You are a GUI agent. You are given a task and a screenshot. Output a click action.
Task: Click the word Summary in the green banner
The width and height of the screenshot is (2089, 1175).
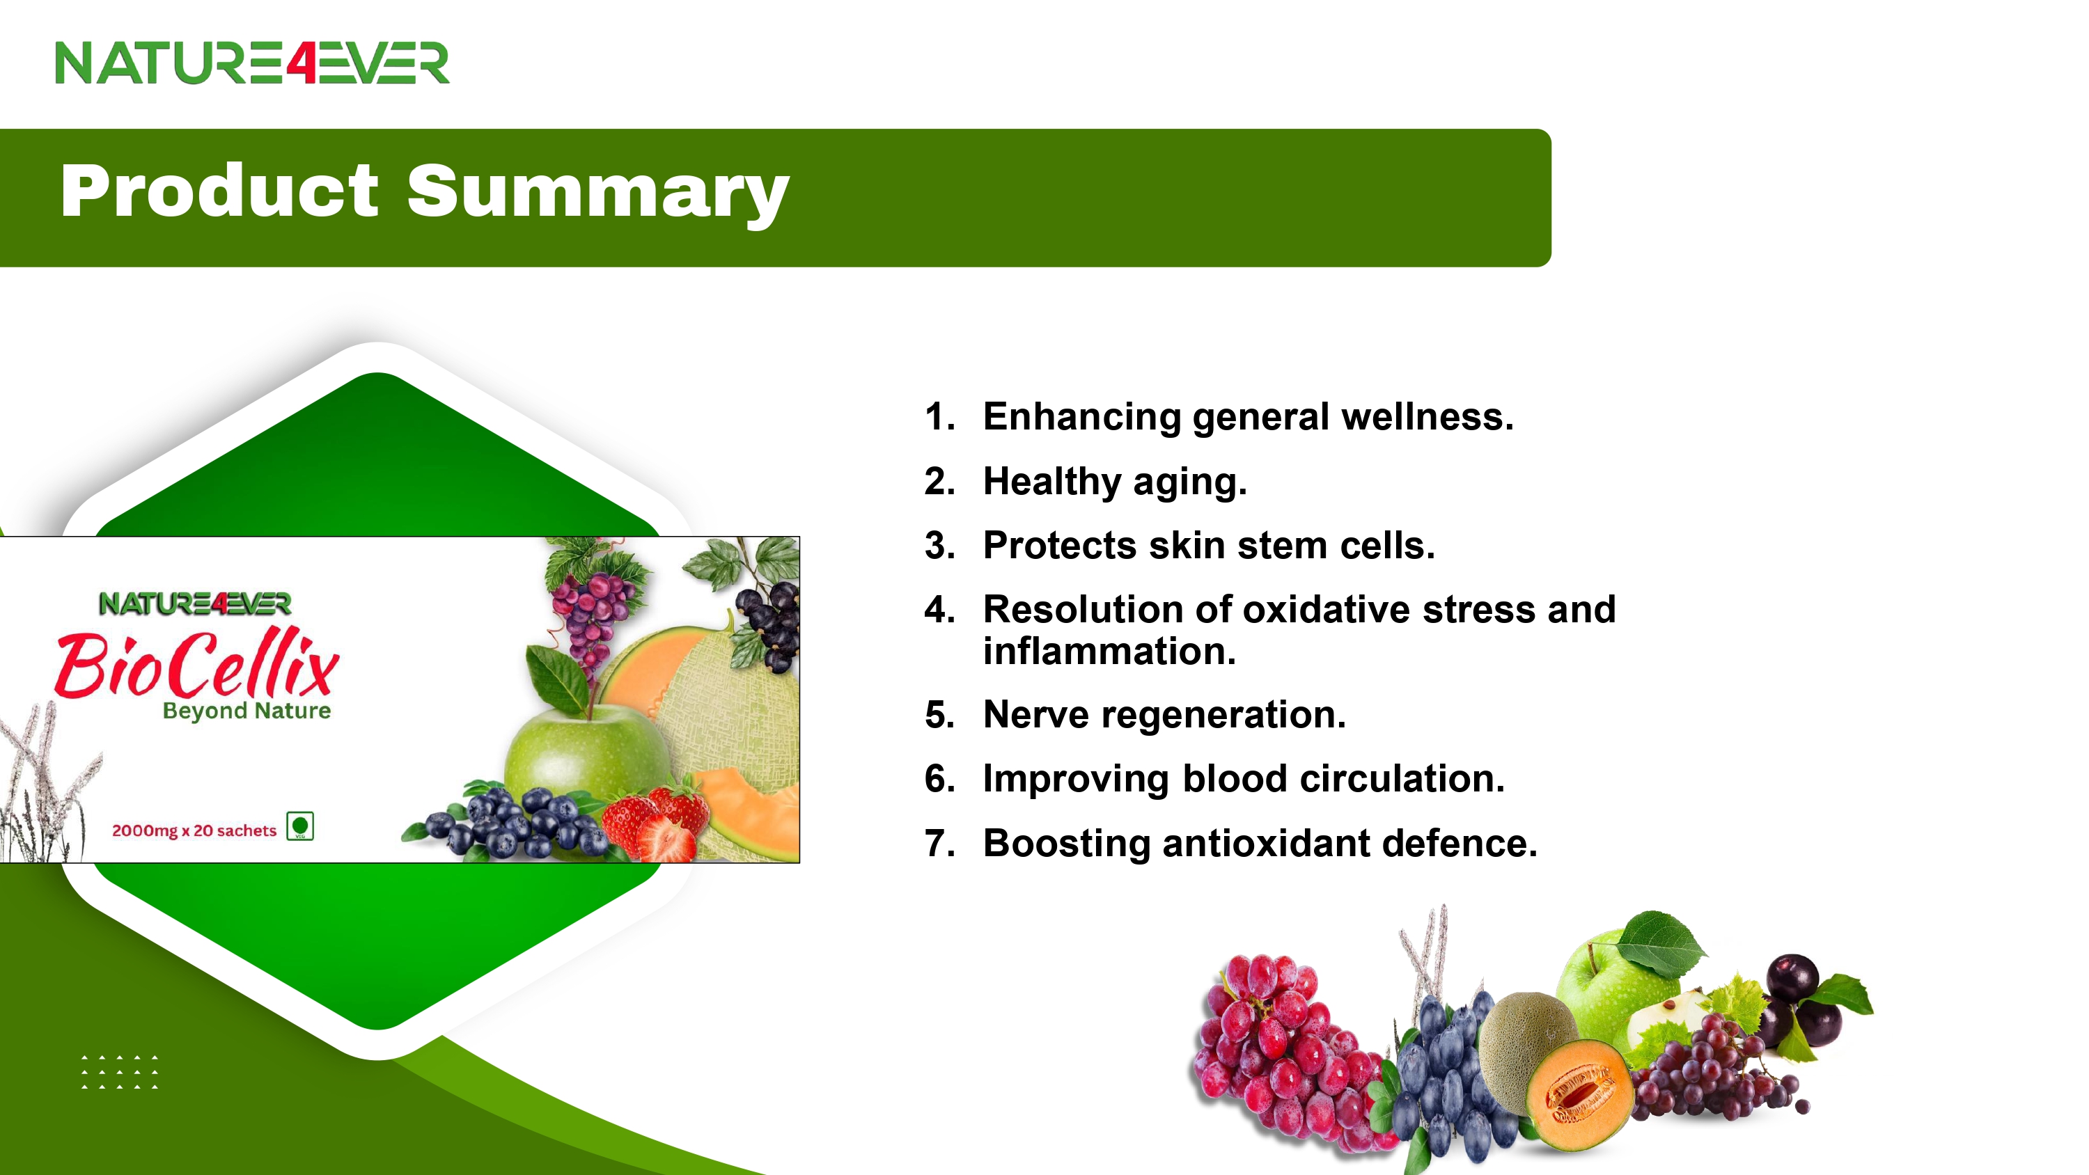(x=597, y=192)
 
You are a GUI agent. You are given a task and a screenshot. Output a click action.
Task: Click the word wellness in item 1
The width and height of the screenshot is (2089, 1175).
(x=1427, y=417)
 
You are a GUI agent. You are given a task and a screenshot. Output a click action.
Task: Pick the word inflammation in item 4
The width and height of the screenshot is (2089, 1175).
(x=1109, y=651)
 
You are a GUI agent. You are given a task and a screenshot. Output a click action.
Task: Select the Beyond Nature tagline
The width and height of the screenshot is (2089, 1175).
(x=247, y=711)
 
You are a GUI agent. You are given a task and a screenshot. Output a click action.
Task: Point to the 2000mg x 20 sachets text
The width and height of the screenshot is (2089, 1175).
(x=195, y=830)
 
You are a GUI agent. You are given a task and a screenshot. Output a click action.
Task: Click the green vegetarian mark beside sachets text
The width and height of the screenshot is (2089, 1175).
(x=300, y=826)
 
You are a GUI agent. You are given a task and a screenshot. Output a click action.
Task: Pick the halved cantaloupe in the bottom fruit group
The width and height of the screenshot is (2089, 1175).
(x=1579, y=1095)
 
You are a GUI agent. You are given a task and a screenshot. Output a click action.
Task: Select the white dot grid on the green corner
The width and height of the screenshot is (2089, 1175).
(x=120, y=1072)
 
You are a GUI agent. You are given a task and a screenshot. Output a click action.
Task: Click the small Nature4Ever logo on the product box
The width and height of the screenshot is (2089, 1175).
(x=195, y=604)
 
